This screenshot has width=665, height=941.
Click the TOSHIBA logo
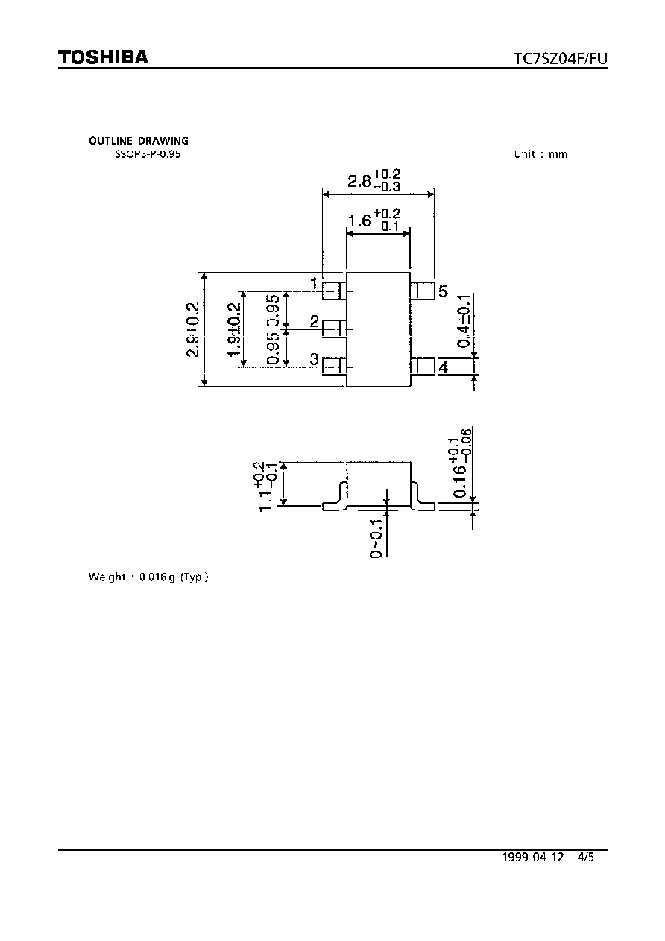point(103,57)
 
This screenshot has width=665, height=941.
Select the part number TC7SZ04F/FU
point(561,58)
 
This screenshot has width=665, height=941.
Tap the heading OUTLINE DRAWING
point(139,141)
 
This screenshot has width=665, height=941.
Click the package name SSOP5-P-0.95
point(148,154)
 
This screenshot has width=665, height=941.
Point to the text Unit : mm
point(540,154)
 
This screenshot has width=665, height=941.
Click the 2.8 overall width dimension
point(374,180)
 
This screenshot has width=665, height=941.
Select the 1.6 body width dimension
point(374,220)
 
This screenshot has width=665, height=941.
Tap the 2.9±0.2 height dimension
point(192,330)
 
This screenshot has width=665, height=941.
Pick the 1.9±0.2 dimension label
point(234,330)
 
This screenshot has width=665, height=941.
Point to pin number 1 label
point(314,283)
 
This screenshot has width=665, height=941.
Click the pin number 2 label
point(315,321)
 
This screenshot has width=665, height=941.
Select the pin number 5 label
point(443,291)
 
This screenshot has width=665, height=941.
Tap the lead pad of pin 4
point(423,366)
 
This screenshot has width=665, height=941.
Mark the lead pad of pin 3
point(334,366)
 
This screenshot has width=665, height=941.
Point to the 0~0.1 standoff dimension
point(376,539)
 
